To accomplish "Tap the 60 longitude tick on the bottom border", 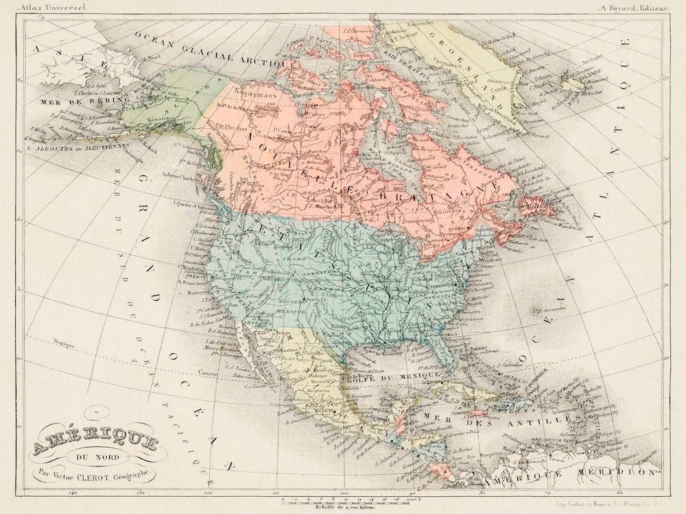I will (x=618, y=492).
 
